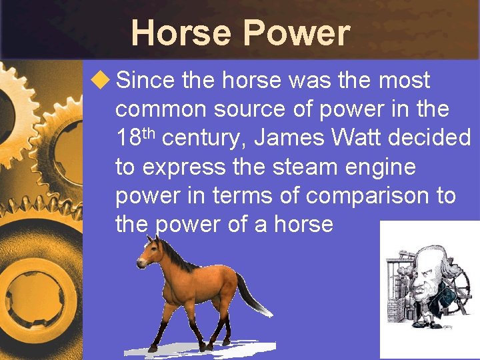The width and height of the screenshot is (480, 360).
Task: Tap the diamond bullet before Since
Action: (100, 81)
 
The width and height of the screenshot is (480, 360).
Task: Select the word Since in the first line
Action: (145, 81)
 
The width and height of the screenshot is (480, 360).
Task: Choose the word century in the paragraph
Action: (205, 139)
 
